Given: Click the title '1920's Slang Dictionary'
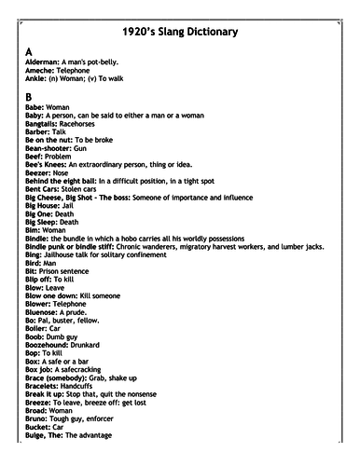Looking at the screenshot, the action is tap(179, 33).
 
